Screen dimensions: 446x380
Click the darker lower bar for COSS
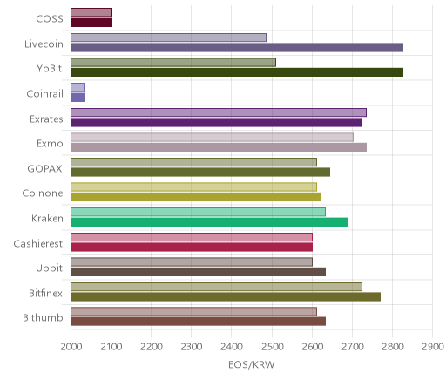click(x=91, y=23)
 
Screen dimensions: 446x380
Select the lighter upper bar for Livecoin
click(x=168, y=37)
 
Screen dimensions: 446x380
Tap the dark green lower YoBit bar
click(x=237, y=72)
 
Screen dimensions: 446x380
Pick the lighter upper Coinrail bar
click(x=78, y=87)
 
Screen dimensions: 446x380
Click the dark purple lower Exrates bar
click(x=216, y=122)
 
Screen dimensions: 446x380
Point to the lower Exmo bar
click(x=219, y=147)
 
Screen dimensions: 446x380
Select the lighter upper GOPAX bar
click(x=193, y=162)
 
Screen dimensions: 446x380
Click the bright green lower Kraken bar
click(x=210, y=222)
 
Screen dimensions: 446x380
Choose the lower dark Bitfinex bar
click(x=226, y=296)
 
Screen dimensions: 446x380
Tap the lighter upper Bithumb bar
click(x=193, y=311)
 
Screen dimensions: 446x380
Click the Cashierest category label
click(x=38, y=243)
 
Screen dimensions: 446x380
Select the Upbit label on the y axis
click(x=49, y=268)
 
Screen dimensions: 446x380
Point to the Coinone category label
click(x=43, y=193)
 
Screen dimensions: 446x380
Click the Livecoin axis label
click(x=44, y=44)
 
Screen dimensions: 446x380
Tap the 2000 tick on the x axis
click(x=71, y=347)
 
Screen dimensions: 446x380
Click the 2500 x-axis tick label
click(x=272, y=347)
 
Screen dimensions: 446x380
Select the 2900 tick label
click(x=433, y=347)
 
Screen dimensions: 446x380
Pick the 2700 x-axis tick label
click(x=353, y=347)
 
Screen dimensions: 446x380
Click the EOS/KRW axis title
click(x=252, y=365)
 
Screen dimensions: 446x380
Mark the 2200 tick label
click(x=152, y=347)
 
